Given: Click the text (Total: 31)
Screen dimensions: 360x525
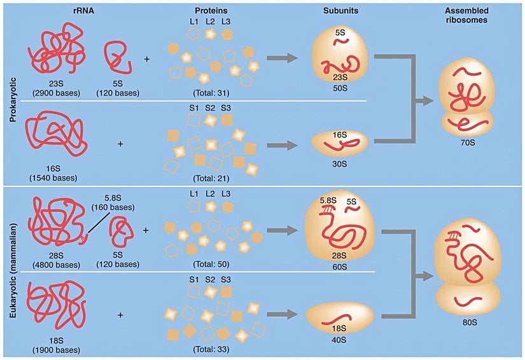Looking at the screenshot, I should [209, 93].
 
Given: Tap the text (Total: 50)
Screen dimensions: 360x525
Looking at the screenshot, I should [209, 264].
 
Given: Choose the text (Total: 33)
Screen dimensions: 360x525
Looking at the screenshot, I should [209, 349].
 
